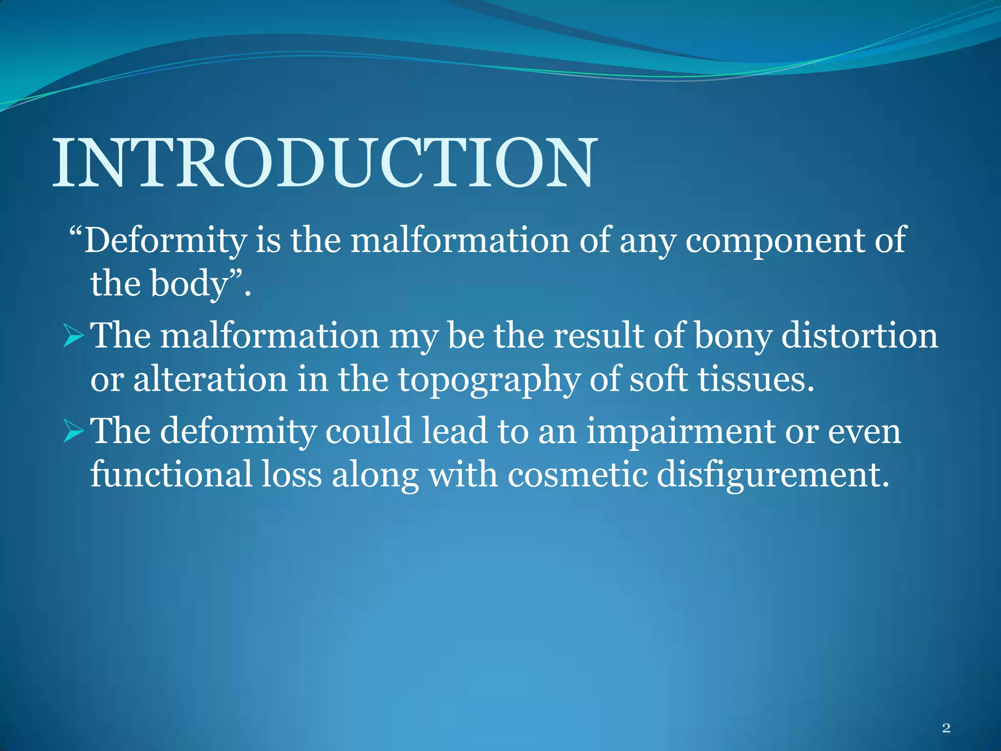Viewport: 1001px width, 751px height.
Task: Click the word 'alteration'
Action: [210, 380]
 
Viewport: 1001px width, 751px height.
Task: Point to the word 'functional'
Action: [171, 475]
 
